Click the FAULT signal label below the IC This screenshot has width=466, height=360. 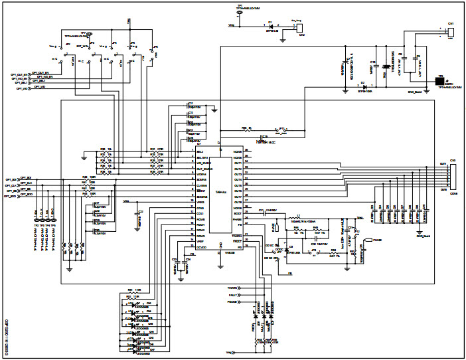point(232,293)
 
